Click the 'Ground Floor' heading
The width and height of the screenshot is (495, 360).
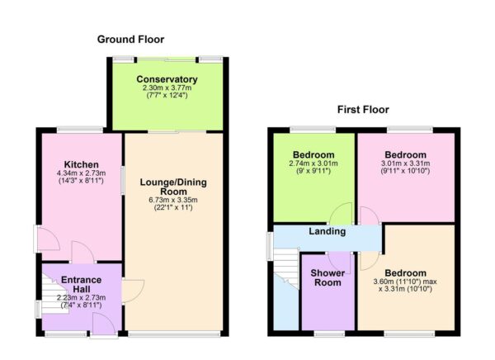(130, 39)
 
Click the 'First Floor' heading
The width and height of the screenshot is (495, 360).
(362, 109)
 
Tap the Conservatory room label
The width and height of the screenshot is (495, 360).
(167, 79)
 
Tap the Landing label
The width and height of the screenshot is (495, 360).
(328, 231)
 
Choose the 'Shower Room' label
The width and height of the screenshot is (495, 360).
(328, 277)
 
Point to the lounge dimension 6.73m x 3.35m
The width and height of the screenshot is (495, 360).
(173, 199)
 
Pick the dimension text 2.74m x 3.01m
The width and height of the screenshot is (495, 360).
(313, 164)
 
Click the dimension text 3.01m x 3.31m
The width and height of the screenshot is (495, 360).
(404, 164)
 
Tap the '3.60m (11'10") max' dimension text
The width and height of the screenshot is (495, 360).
(404, 283)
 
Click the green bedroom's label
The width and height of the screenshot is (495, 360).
(313, 154)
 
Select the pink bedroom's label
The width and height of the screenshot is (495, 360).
(404, 154)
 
